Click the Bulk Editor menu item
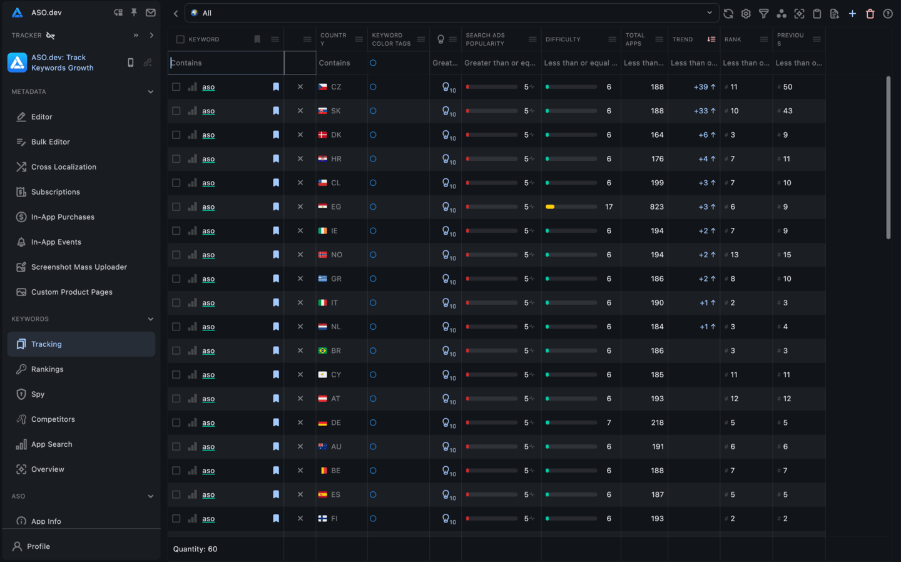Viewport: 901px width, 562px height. click(x=50, y=142)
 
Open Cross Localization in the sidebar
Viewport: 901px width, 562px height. click(x=63, y=167)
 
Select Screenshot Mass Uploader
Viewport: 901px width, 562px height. click(x=79, y=267)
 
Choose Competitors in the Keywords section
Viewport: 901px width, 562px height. click(x=53, y=419)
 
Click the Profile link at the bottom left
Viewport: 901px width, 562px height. click(x=38, y=546)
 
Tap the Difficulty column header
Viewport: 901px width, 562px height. click(x=563, y=39)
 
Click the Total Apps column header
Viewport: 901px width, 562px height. click(x=634, y=39)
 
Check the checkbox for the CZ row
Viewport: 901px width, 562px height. click(x=176, y=87)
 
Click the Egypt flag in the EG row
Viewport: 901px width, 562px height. click(x=323, y=207)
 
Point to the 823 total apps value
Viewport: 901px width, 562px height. click(x=656, y=207)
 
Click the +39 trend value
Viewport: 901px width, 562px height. click(x=701, y=87)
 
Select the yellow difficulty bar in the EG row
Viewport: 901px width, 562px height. click(x=550, y=207)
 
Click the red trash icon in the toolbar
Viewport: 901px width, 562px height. click(x=870, y=13)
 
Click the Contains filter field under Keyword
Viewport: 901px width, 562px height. click(x=225, y=63)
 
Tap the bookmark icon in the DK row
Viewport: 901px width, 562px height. click(x=276, y=135)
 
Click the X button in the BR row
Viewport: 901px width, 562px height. click(x=300, y=351)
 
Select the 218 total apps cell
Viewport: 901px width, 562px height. click(x=657, y=423)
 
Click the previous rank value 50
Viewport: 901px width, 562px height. click(x=787, y=87)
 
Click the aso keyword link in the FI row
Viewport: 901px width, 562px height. click(x=208, y=519)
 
